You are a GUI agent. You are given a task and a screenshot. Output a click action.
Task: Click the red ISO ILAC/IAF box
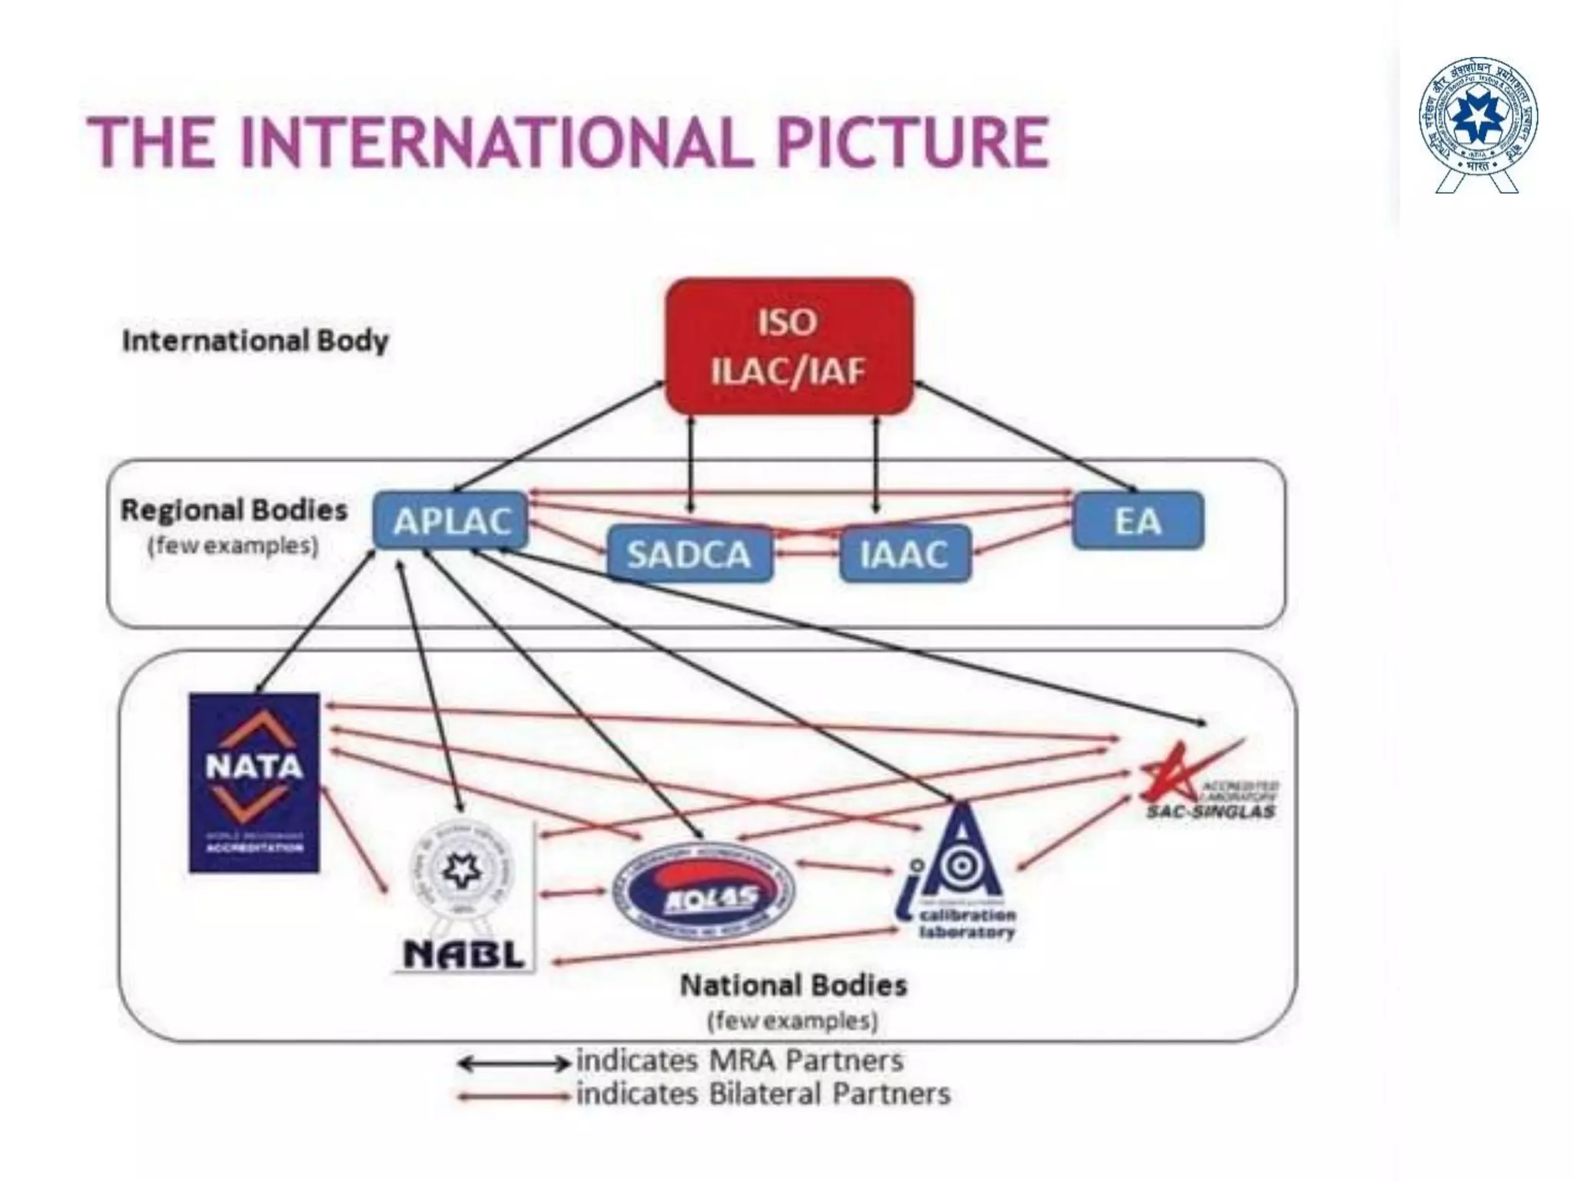coord(789,347)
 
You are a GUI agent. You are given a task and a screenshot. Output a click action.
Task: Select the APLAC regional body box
coord(451,522)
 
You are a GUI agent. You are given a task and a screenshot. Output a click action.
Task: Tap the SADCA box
coord(689,554)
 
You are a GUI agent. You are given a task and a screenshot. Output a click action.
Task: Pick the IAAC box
coord(905,554)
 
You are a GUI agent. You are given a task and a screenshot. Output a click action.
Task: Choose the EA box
coord(1137,521)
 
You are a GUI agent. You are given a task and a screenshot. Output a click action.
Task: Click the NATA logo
coord(254,782)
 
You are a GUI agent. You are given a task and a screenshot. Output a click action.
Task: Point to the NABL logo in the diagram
coord(464,896)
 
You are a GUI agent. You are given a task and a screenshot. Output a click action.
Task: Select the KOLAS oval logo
coord(703,892)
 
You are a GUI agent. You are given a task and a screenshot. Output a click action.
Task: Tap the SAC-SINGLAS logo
coord(1207,784)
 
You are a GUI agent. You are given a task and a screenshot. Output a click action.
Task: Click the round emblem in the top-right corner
coord(1477,123)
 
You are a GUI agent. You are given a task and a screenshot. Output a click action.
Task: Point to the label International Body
coord(255,340)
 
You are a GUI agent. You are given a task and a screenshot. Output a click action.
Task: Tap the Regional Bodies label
coord(234,510)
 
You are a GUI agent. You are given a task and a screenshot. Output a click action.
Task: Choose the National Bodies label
coord(793,985)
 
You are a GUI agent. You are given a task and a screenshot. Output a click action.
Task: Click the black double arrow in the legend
coord(513,1063)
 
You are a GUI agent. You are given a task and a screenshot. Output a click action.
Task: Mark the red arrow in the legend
coord(513,1097)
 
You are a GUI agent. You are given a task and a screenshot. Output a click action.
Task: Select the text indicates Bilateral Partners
coord(762,1093)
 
